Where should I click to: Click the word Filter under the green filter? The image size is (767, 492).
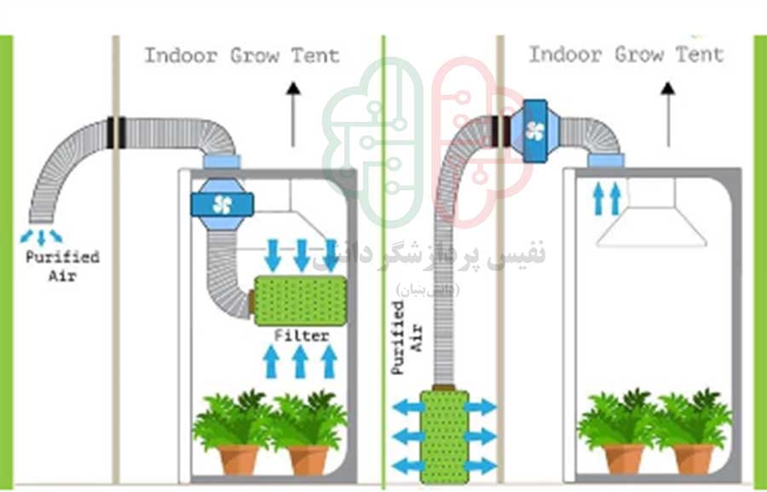click(x=301, y=335)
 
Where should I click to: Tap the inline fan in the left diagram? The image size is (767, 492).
click(x=222, y=204)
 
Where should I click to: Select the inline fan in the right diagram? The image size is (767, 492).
click(x=534, y=130)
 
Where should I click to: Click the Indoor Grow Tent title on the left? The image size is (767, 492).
click(x=241, y=56)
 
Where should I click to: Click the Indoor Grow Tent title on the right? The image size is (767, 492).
click(x=626, y=55)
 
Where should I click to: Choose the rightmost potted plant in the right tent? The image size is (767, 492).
click(x=691, y=430)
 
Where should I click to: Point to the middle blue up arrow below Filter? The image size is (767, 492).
click(x=300, y=362)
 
